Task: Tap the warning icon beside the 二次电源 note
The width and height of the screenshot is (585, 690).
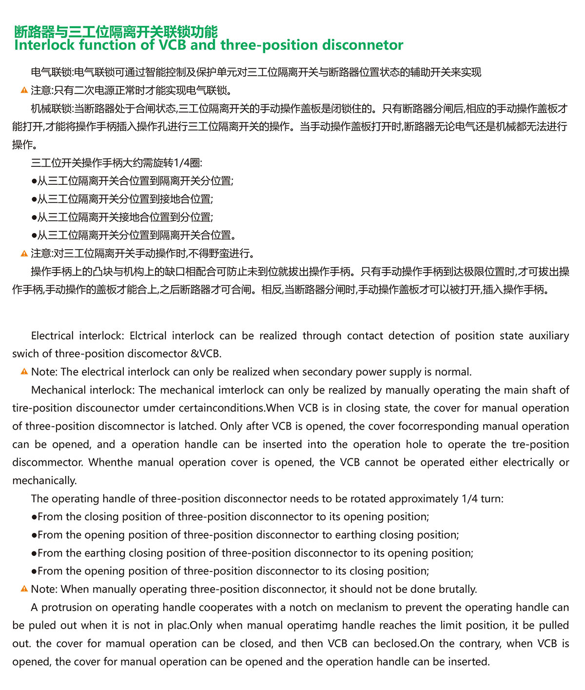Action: point(24,91)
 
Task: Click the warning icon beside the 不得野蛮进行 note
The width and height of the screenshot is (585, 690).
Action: point(24,254)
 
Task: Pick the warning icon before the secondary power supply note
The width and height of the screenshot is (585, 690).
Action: point(24,372)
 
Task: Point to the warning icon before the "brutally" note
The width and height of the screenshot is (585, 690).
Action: point(24,589)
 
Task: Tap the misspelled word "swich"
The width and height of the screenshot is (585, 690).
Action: point(25,354)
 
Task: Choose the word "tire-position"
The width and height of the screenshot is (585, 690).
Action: point(41,408)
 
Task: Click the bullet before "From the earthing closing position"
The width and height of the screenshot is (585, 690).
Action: point(34,553)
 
